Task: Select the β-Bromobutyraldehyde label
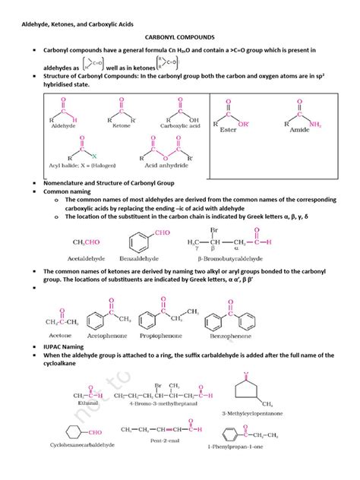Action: [x=229, y=258]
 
